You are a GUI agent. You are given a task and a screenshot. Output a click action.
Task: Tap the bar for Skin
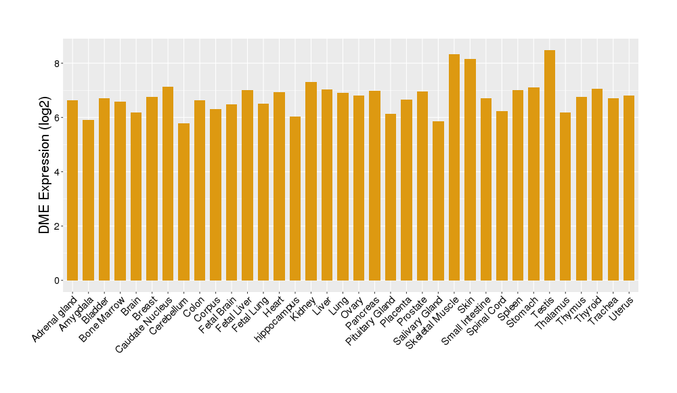pos(470,169)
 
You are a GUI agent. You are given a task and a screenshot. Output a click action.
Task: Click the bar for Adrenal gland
pos(72,190)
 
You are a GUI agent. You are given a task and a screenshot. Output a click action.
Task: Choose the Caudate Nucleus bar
pos(168,184)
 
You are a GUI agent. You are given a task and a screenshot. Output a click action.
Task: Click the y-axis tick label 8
pos(59,64)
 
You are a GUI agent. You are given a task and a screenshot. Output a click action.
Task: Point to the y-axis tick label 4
pos(59,172)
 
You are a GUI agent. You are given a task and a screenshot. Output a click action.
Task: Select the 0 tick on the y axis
pos(59,281)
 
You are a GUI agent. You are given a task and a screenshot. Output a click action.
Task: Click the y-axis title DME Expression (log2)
pos(45,165)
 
